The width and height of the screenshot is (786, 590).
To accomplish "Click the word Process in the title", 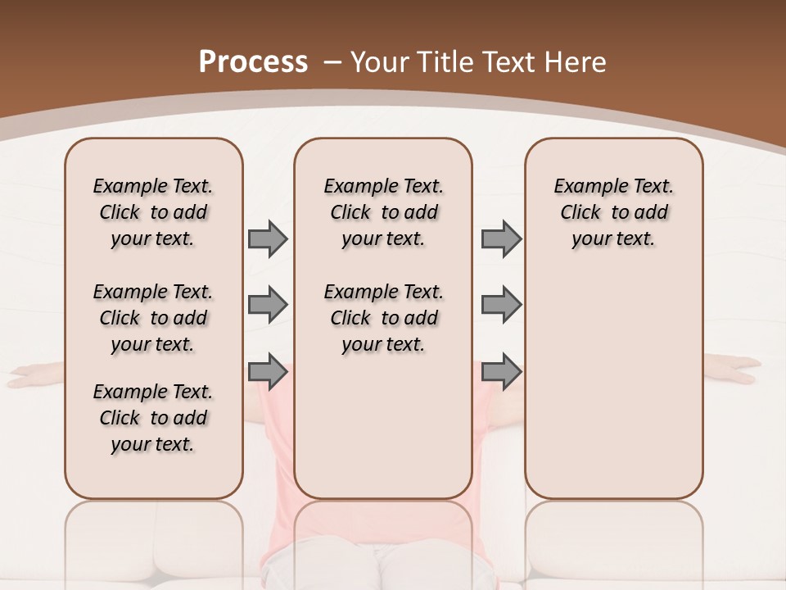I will [x=253, y=61].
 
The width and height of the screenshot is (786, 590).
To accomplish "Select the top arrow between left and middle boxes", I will [x=268, y=238].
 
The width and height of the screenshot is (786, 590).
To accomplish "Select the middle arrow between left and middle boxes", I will [x=268, y=305].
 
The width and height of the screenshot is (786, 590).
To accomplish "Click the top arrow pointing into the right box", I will [x=501, y=238].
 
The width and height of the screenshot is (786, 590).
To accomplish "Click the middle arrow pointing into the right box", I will [x=501, y=305].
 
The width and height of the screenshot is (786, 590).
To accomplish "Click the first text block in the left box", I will [x=153, y=212].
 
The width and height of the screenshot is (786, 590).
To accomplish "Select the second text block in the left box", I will [x=153, y=318].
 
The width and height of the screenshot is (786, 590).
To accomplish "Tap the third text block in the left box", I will [x=153, y=418].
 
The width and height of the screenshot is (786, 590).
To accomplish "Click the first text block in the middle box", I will [x=383, y=212].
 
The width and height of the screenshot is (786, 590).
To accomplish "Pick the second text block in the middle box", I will [x=383, y=318].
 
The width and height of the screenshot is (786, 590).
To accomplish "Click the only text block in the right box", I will [x=613, y=212].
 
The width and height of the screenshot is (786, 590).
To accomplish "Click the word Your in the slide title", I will [x=380, y=62].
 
